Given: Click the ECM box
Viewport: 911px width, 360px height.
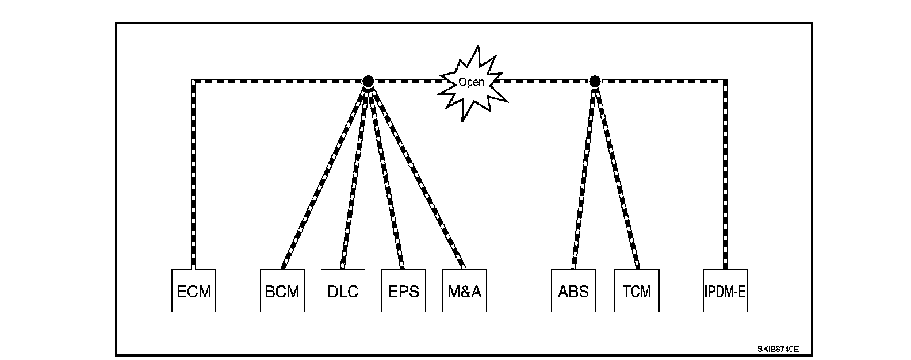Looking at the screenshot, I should (194, 291).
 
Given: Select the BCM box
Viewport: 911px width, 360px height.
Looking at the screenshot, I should (282, 291).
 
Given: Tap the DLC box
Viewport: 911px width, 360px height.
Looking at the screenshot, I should (343, 291).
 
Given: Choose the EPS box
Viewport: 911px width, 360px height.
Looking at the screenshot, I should (404, 291).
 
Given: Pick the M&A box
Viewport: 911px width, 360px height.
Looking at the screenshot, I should (465, 291).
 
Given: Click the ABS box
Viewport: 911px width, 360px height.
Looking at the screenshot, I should (573, 291).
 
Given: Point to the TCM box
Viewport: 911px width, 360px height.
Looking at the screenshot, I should (637, 291).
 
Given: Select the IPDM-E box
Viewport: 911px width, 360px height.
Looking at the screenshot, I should (725, 291).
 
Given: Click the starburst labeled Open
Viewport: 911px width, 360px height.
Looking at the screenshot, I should (472, 82).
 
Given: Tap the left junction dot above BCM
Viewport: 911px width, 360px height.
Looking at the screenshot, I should (368, 82).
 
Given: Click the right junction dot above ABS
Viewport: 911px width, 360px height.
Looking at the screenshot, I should (595, 82).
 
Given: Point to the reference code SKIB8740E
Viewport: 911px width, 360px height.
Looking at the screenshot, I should (778, 349).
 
